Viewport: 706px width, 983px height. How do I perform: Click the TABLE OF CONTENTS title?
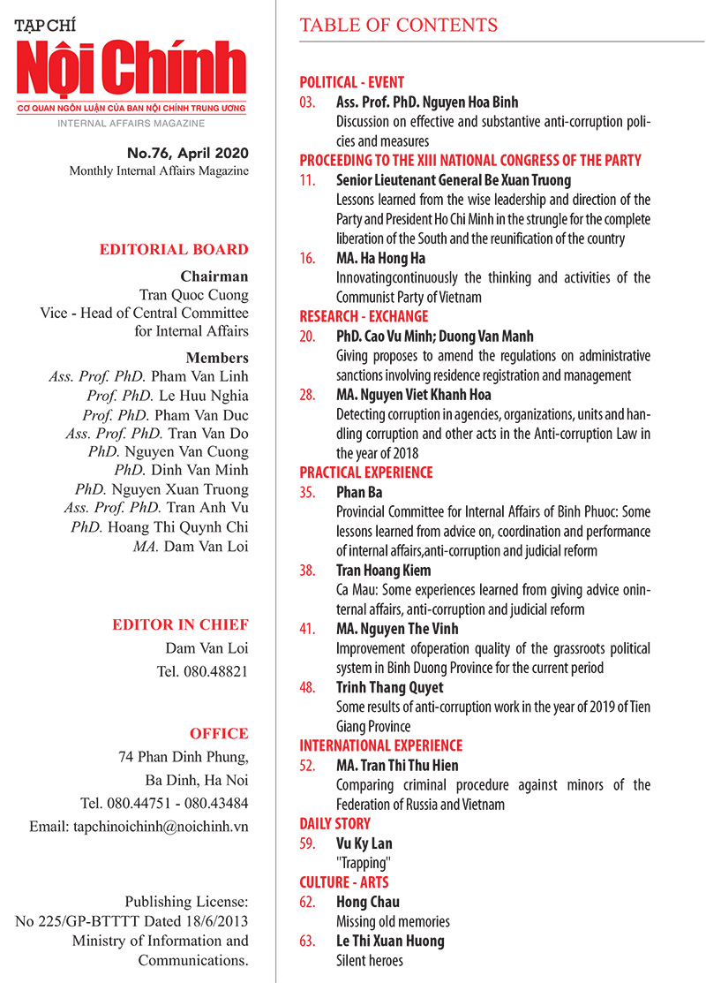pos(399,25)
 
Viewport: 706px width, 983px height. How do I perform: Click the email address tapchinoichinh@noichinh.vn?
pos(154,826)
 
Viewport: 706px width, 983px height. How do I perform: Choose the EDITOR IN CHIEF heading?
pos(180,625)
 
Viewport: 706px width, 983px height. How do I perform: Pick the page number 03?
pos(307,103)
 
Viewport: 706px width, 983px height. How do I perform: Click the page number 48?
pos(307,687)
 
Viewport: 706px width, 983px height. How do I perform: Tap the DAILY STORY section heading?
pos(334,824)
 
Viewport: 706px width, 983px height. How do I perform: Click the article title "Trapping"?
pos(360,863)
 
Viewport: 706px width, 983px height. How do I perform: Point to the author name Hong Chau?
pos(368,902)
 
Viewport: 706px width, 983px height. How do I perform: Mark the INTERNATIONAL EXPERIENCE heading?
pos(380,745)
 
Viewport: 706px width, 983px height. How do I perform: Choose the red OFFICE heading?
pos(219,733)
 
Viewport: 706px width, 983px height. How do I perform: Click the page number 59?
pos(307,843)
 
